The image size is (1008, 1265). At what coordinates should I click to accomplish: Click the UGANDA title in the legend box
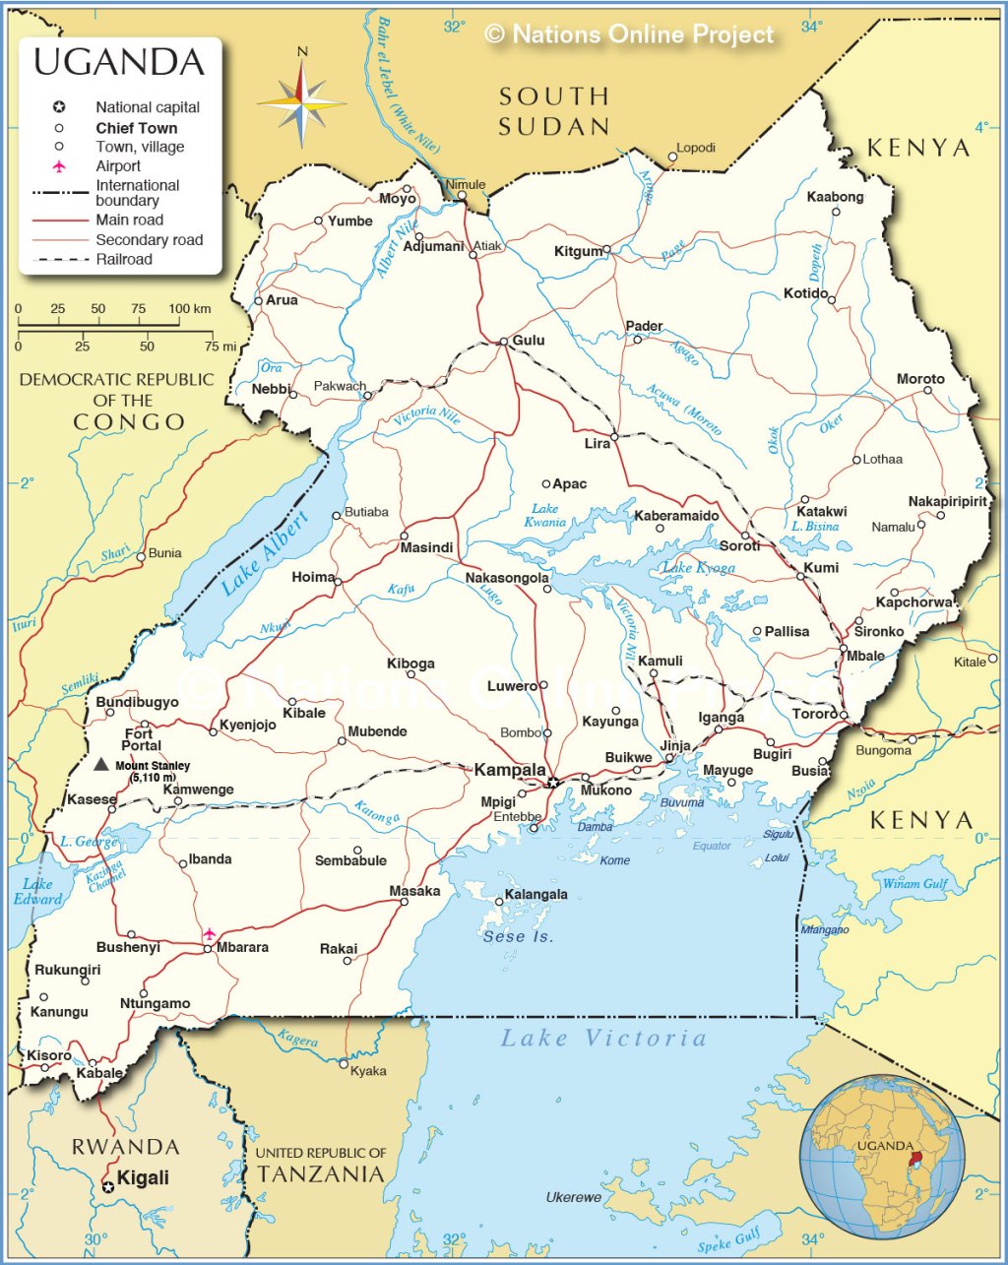[x=119, y=62]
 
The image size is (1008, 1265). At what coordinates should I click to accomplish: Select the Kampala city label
[x=509, y=770]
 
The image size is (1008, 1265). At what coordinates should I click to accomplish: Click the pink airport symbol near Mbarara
[x=209, y=932]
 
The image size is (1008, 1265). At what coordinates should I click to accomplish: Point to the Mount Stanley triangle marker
[x=100, y=764]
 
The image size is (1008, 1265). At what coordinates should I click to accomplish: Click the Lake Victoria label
[x=603, y=1038]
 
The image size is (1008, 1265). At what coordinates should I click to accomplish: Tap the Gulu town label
[x=528, y=341]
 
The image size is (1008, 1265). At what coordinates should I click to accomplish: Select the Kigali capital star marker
[x=108, y=1187]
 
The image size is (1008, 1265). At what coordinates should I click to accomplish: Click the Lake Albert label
[x=264, y=553]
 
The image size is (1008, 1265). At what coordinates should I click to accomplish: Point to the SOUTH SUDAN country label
[x=553, y=111]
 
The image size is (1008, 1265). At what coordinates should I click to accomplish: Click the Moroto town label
[x=919, y=379]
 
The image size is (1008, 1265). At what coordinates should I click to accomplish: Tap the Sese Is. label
[x=518, y=936]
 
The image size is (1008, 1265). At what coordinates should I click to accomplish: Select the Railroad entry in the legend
[x=124, y=260]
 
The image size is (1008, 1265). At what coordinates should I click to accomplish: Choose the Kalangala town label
[x=535, y=895]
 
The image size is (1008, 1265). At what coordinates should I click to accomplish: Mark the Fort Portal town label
[x=140, y=739]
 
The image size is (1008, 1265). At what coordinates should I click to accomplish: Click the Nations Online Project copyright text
[x=630, y=34]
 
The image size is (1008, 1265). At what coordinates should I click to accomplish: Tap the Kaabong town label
[x=835, y=197]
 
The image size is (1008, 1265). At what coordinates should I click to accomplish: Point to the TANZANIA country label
[x=320, y=1173]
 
